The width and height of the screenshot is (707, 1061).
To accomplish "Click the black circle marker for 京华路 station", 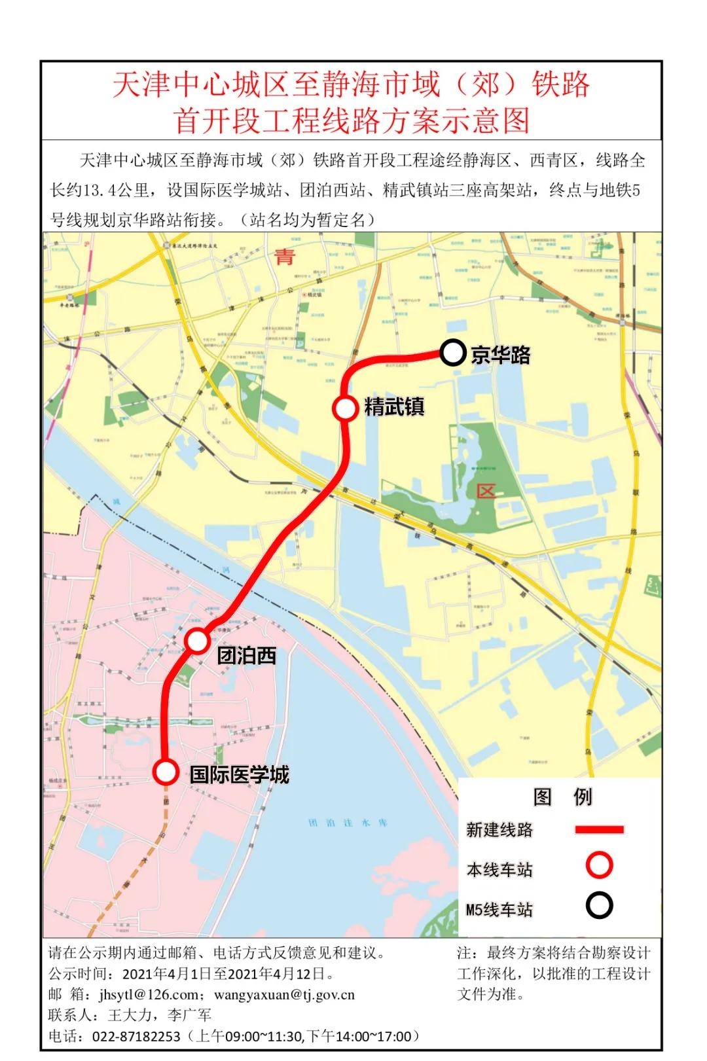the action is (x=452, y=353).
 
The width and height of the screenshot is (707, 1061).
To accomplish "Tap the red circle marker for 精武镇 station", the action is (x=345, y=408).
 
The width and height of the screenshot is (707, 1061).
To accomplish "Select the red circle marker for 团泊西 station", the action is (x=198, y=641).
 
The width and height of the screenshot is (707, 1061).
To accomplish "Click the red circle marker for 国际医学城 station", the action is (x=166, y=772).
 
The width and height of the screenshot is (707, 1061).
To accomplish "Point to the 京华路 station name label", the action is (x=501, y=355).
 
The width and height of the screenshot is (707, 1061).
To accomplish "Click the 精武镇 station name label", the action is (x=394, y=406).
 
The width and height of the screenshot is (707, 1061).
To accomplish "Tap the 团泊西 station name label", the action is (x=247, y=655).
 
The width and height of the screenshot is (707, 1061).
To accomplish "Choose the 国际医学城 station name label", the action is (x=240, y=774).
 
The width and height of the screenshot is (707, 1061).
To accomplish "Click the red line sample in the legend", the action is (x=599, y=829).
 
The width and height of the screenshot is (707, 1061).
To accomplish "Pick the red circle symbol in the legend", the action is (x=599, y=865).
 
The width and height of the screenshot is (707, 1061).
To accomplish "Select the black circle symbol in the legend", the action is (x=599, y=906).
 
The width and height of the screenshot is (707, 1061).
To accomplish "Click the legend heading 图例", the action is (x=563, y=797).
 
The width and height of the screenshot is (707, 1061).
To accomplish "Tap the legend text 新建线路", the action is (x=499, y=830).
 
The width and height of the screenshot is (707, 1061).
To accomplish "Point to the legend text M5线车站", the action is (x=499, y=909).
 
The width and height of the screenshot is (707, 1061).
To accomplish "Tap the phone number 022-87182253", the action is (x=136, y=1036).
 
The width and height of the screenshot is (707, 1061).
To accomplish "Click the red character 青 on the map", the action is (x=285, y=257).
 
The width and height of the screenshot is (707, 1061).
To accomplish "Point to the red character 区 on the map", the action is (x=486, y=490).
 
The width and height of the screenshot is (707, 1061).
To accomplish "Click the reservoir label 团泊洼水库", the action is (x=348, y=822).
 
